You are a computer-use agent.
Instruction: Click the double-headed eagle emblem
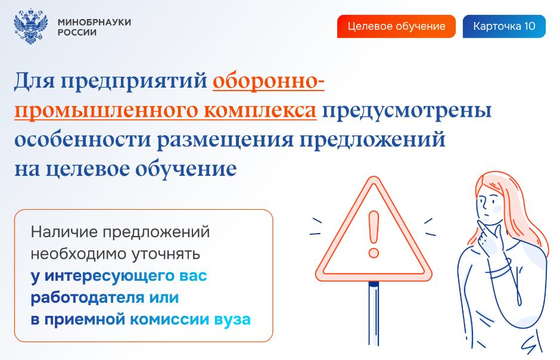pyautogui.click(x=31, y=26)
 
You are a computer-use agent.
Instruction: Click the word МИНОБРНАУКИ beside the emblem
pyautogui.click(x=94, y=22)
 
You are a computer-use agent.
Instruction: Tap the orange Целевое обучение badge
pyautogui.click(x=396, y=26)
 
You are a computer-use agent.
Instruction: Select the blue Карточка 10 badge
pyautogui.click(x=504, y=26)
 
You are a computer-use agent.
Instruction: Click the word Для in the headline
pyautogui.click(x=35, y=80)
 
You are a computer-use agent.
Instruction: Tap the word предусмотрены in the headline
pyautogui.click(x=407, y=111)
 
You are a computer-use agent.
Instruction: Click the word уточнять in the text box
pyautogui.click(x=166, y=255)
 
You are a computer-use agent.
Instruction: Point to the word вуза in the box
pyautogui.click(x=232, y=319)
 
